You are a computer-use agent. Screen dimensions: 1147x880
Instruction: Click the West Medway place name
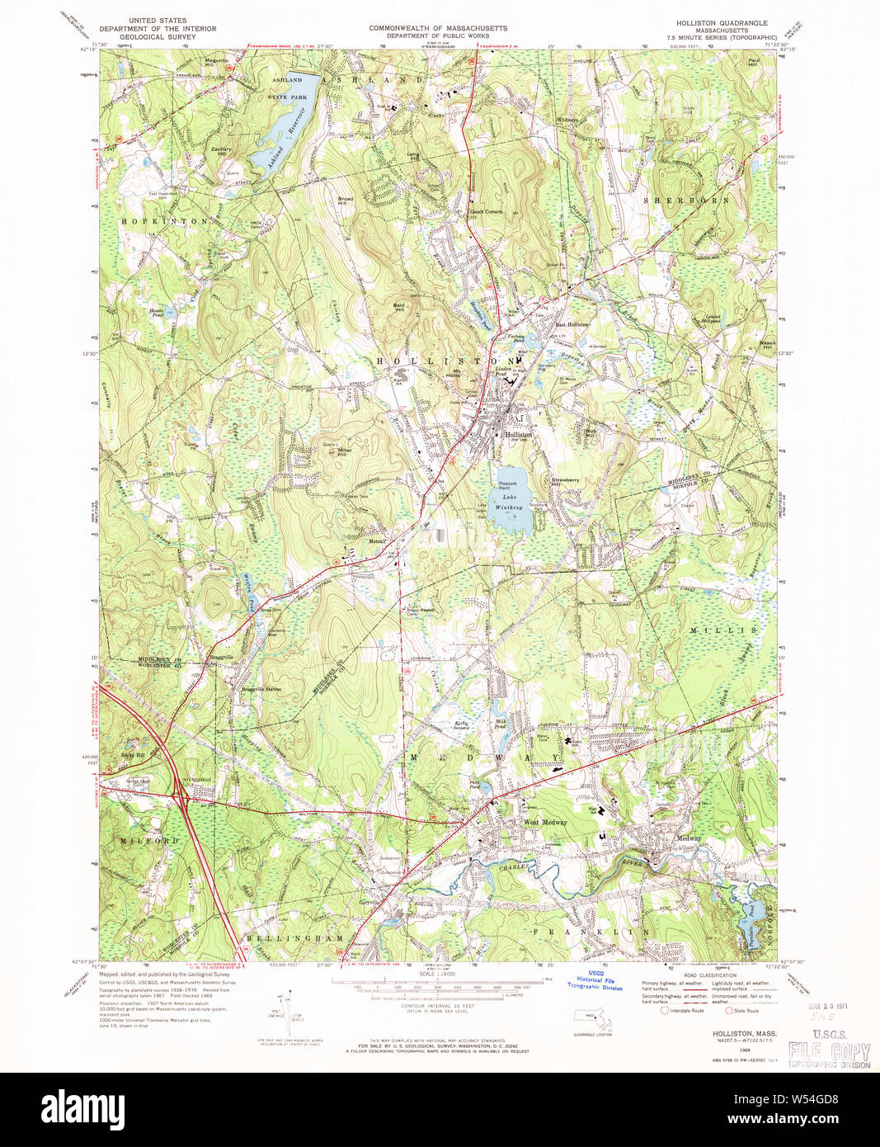pos(544,822)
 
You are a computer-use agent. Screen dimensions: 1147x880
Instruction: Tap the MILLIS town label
pos(720,630)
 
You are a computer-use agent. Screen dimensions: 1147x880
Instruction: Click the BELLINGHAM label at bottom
pos(280,938)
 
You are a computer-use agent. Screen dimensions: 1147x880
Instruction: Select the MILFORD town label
pos(150,840)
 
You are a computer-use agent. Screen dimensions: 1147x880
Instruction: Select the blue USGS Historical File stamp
pos(595,982)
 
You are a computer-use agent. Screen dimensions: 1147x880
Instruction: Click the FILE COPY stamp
pos(828,1051)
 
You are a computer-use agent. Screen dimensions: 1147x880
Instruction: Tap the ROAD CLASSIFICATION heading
pos(708,974)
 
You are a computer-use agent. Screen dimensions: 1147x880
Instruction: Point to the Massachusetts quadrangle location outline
pos(592,1020)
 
